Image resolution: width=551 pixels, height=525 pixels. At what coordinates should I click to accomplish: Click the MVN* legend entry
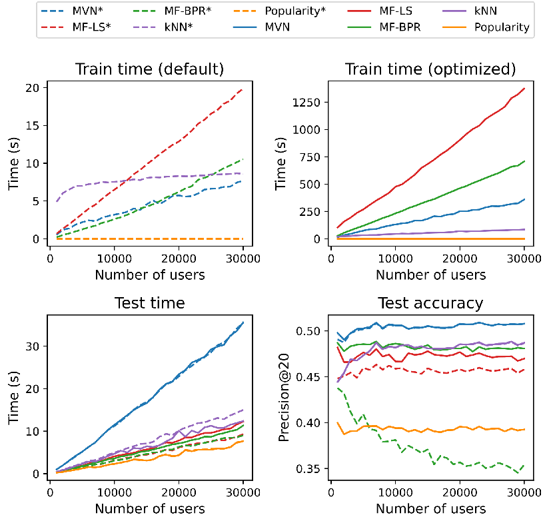(x=72, y=11)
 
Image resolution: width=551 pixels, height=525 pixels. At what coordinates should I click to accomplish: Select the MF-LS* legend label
(x=76, y=27)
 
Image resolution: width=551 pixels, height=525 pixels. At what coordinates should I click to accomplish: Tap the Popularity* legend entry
(x=279, y=11)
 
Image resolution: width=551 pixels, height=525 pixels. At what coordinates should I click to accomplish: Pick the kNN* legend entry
(x=163, y=27)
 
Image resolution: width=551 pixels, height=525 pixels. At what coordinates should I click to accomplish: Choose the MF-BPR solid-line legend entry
(x=384, y=27)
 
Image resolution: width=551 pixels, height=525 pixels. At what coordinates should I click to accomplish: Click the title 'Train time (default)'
(x=150, y=69)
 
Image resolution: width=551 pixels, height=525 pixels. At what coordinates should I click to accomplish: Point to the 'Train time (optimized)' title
(x=430, y=69)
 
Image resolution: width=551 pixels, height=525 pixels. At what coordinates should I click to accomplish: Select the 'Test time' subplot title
(x=150, y=303)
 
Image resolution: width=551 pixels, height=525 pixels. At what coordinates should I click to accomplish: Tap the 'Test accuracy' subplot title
(x=430, y=303)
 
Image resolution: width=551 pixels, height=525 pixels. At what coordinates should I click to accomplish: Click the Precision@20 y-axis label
(x=284, y=398)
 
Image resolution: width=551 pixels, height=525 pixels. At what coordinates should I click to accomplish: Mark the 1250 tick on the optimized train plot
(x=306, y=102)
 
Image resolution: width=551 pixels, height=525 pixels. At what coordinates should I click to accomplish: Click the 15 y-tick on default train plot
(x=33, y=125)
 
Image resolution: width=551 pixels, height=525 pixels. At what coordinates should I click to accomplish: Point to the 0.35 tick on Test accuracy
(x=308, y=469)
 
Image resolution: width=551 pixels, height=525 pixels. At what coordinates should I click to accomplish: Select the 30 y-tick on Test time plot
(x=32, y=346)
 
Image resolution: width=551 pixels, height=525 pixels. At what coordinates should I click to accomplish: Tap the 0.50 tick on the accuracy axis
(x=308, y=331)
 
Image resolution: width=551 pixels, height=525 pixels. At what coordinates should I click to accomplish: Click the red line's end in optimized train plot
(x=524, y=88)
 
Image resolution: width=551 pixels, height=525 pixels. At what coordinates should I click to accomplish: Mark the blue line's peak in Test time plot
(x=243, y=322)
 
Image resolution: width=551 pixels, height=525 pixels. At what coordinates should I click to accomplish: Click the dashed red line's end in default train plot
(x=243, y=89)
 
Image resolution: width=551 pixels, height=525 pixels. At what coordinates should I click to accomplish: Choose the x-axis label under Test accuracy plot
(x=431, y=508)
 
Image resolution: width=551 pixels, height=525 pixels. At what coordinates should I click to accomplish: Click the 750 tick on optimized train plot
(x=310, y=157)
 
